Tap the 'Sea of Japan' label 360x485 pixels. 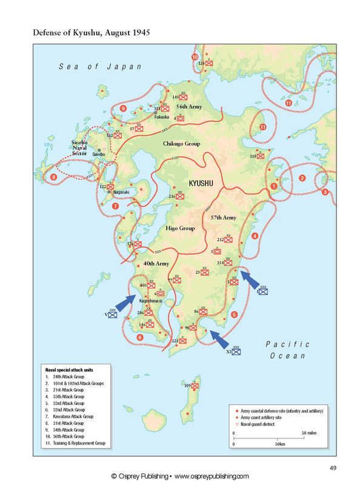[100, 67]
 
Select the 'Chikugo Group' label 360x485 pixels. [182, 144]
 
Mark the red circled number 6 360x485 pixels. [140, 337]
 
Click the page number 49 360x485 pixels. [333, 466]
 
